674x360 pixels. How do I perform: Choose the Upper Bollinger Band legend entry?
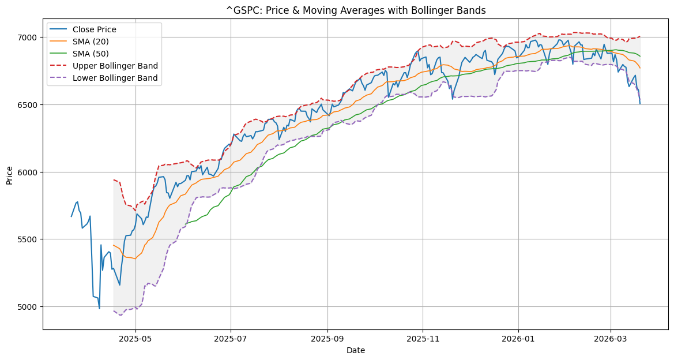[x=115, y=66]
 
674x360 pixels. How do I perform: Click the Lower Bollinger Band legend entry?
[x=115, y=78]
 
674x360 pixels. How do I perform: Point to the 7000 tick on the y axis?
[x=29, y=37]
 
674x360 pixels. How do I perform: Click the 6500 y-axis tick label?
[x=29, y=105]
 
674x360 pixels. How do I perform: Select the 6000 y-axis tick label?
[x=29, y=172]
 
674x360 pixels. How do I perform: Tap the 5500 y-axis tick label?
[x=29, y=239]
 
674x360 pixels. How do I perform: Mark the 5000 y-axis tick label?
[x=29, y=307]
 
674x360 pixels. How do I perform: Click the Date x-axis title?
[x=355, y=350]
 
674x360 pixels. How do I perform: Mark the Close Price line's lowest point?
[x=99, y=309]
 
